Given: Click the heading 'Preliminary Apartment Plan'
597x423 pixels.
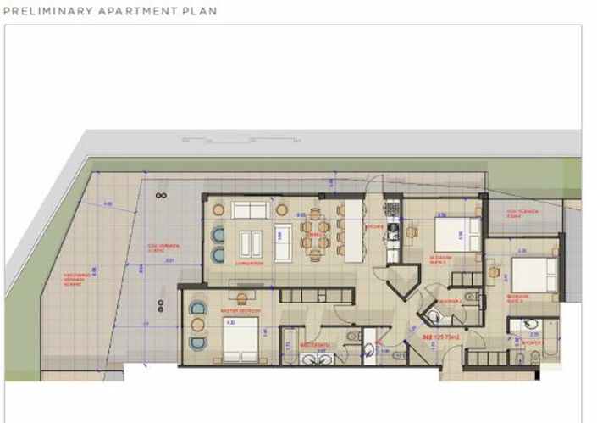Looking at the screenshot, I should [x=110, y=12].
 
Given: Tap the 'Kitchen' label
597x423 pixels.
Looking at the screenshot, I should [x=375, y=228].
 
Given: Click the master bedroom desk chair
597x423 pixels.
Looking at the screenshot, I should [x=241, y=298].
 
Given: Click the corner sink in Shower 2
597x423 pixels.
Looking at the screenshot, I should [x=432, y=316].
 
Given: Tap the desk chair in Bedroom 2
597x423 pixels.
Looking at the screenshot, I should [x=412, y=231].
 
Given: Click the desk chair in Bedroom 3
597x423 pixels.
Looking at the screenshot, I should [x=491, y=271].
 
